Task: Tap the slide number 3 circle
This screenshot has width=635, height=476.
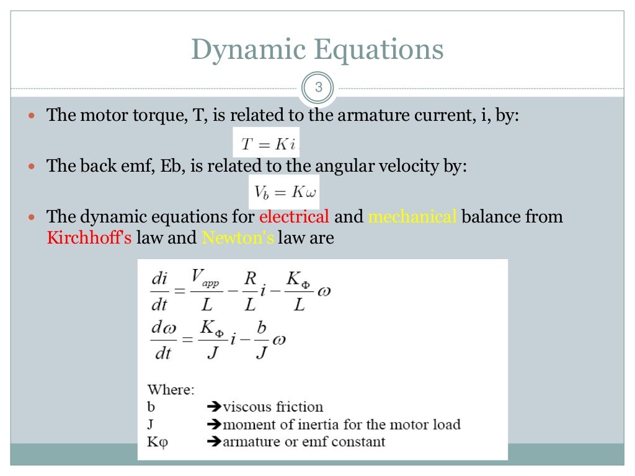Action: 318,88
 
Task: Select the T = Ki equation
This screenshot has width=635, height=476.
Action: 267,144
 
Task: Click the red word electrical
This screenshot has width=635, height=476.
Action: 294,217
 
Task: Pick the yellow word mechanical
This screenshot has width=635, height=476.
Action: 412,217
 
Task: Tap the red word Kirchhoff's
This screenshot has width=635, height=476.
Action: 89,237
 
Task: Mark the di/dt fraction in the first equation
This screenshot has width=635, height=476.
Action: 159,291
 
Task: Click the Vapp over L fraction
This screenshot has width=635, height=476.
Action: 207,291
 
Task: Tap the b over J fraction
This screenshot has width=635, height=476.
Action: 262,340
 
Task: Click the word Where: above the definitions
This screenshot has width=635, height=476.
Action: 171,390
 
